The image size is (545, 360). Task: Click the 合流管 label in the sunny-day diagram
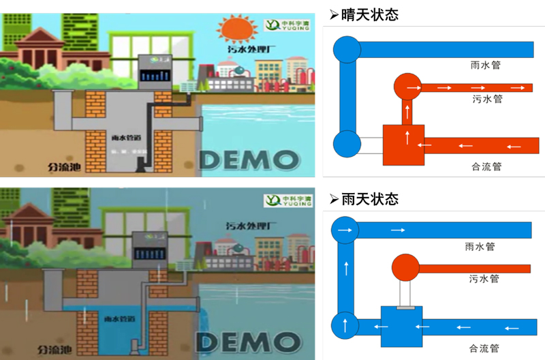[x=486, y=166]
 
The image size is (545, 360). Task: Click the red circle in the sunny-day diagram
[x=407, y=87]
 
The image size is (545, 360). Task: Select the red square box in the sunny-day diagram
[x=403, y=145]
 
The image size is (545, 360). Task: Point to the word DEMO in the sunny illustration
[x=249, y=159]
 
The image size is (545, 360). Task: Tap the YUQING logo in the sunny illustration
[x=290, y=26]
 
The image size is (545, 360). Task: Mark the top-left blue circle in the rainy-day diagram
[x=345, y=230]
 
